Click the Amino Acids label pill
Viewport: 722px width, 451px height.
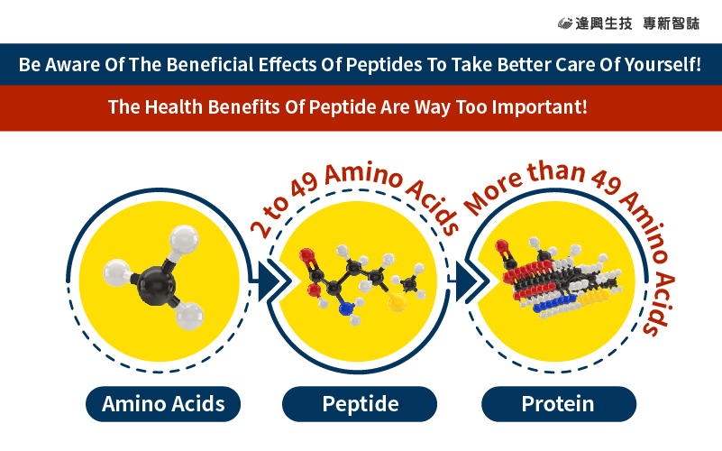[163, 404]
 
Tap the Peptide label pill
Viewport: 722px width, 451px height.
[360, 404]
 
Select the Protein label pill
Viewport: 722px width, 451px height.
[559, 404]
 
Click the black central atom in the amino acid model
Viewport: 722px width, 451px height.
[156, 286]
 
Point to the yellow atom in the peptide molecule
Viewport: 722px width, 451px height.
[397, 302]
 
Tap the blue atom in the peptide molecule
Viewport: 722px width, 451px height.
[346, 308]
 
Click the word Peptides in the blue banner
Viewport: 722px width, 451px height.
[384, 65]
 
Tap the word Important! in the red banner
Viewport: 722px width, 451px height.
[540, 107]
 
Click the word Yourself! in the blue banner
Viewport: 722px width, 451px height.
[663, 65]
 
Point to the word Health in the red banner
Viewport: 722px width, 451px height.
[174, 107]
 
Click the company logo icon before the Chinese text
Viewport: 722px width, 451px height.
[565, 23]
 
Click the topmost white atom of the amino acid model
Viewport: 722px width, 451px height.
[184, 239]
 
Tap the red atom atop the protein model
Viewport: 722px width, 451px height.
[502, 246]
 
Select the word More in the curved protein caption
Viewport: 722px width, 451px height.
[493, 195]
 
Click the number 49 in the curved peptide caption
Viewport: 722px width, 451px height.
[305, 185]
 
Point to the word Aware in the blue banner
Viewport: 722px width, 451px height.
[72, 65]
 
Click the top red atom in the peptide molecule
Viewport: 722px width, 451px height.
[306, 254]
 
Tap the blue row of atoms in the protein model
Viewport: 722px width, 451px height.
[555, 304]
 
